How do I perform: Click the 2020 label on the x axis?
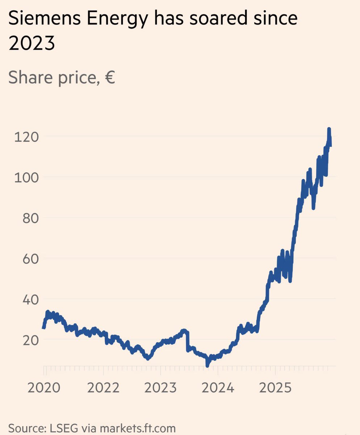click(x=44, y=388)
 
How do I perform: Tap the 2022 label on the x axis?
click(x=103, y=388)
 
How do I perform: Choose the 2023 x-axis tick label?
click(x=160, y=388)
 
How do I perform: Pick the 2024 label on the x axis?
click(x=218, y=388)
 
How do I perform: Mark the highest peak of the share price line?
click(x=329, y=129)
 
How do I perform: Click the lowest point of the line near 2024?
click(x=207, y=365)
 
